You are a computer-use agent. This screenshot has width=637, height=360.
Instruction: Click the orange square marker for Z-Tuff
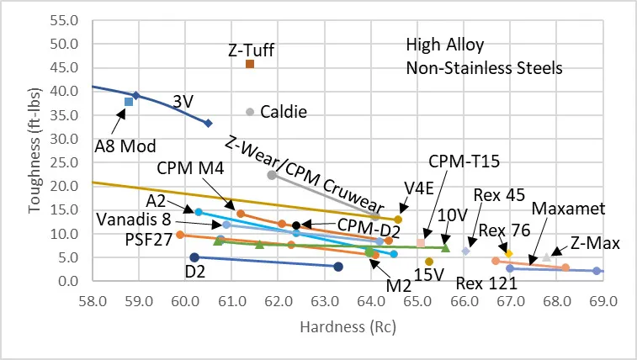tap(250, 64)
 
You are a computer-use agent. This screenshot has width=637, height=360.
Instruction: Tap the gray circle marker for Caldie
tap(250, 111)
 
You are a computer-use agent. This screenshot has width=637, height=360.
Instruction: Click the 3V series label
tap(183, 101)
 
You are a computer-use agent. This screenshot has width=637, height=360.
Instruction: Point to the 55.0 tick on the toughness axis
tap(66, 20)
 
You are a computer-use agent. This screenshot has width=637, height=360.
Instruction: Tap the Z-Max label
tap(594, 244)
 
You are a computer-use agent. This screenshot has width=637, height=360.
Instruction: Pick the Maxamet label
tap(563, 207)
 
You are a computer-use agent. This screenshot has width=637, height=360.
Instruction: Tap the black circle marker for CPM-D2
tap(296, 225)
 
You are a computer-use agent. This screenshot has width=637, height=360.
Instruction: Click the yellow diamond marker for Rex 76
tap(508, 253)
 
